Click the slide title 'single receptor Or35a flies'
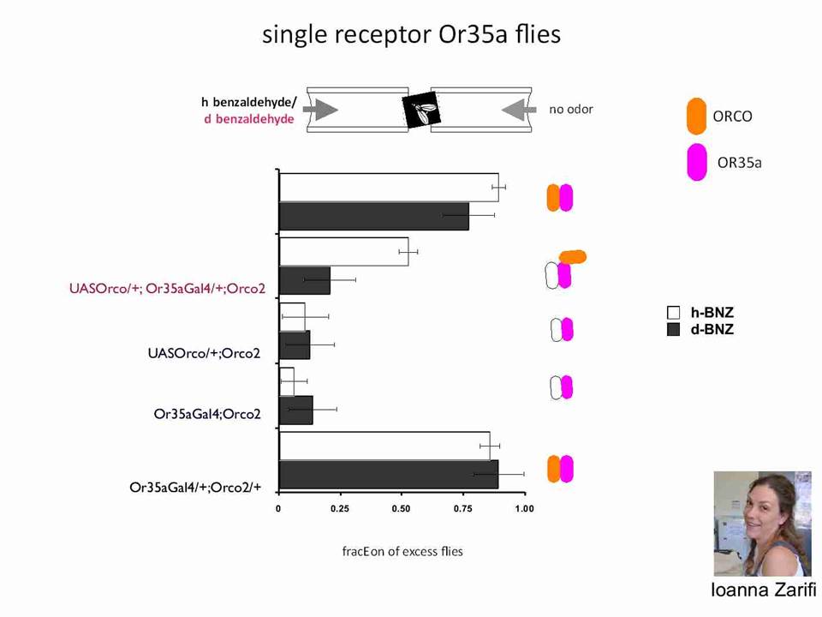[412, 34]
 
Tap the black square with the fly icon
[421, 110]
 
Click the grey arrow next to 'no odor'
[519, 110]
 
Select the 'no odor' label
[571, 109]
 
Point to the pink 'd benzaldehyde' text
[249, 119]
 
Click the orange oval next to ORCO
[696, 116]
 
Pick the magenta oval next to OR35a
[697, 162]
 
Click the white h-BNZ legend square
[673, 313]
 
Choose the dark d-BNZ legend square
[673, 329]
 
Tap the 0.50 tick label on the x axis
[401, 508]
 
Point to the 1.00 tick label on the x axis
[524, 508]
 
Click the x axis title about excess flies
[402, 551]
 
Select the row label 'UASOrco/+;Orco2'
[204, 353]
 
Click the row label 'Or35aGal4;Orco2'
[207, 414]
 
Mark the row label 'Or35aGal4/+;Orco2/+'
[195, 488]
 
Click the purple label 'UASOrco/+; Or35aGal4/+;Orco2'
[167, 289]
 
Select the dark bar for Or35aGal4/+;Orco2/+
[389, 475]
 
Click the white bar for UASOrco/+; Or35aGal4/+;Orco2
[344, 252]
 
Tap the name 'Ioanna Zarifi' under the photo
[763, 590]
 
